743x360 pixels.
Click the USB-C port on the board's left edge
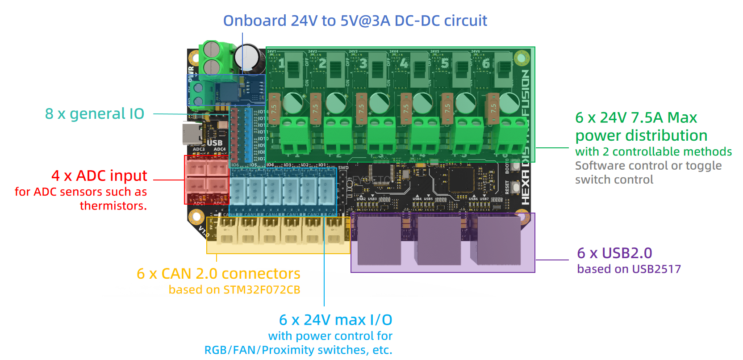188,134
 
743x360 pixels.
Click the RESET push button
516,187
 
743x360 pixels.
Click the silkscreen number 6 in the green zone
486,63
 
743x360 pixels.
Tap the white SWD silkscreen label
343,168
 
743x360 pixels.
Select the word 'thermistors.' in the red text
113,206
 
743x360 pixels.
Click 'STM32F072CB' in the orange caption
262,290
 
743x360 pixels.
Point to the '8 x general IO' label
95,114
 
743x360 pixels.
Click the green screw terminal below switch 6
512,136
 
